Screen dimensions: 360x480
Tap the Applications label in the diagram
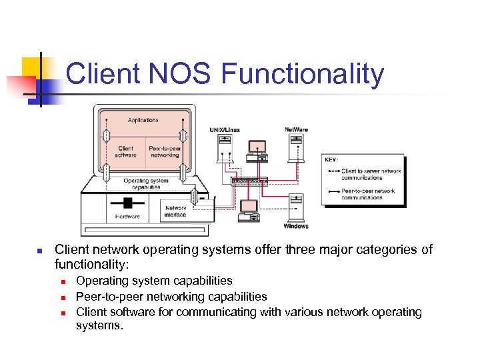pos(143,120)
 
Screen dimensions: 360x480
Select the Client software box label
pos(125,151)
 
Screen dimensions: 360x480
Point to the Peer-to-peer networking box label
pos(164,151)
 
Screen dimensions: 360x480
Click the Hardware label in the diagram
pos(127,216)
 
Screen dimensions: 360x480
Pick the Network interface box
pos(176,211)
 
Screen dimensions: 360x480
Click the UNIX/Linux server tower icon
pos(225,148)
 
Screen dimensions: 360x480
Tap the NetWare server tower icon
pos(297,148)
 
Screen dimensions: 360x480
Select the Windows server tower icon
pos(295,208)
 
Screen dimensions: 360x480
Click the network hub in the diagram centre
pos(249,181)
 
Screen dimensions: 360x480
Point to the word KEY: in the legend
pos(331,160)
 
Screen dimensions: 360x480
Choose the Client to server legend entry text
pos(371,175)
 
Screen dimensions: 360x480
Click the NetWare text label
pos(297,129)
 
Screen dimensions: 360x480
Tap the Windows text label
pos(296,226)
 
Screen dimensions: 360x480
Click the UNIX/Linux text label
pos(225,129)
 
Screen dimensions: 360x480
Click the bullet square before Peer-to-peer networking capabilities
pos(61,297)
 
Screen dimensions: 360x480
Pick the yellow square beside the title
pos(32,68)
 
